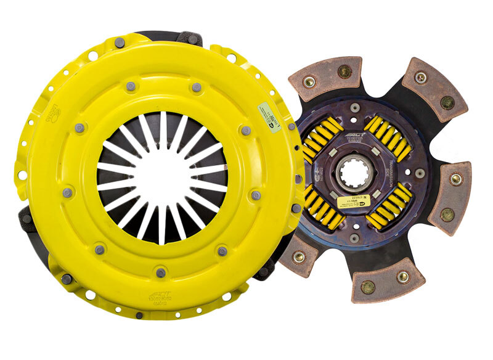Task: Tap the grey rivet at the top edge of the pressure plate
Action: (119, 43)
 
